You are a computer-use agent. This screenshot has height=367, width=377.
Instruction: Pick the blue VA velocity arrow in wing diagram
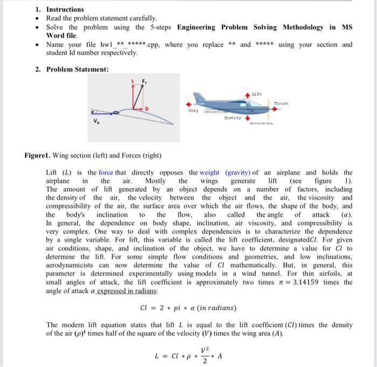pos(110,113)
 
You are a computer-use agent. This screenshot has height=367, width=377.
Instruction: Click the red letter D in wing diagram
pos(146,109)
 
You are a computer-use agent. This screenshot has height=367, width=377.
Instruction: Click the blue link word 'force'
pos(106,173)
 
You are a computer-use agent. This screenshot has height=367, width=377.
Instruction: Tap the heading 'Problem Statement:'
pos(78,69)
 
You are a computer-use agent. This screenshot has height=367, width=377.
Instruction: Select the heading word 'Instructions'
pos(65,9)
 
